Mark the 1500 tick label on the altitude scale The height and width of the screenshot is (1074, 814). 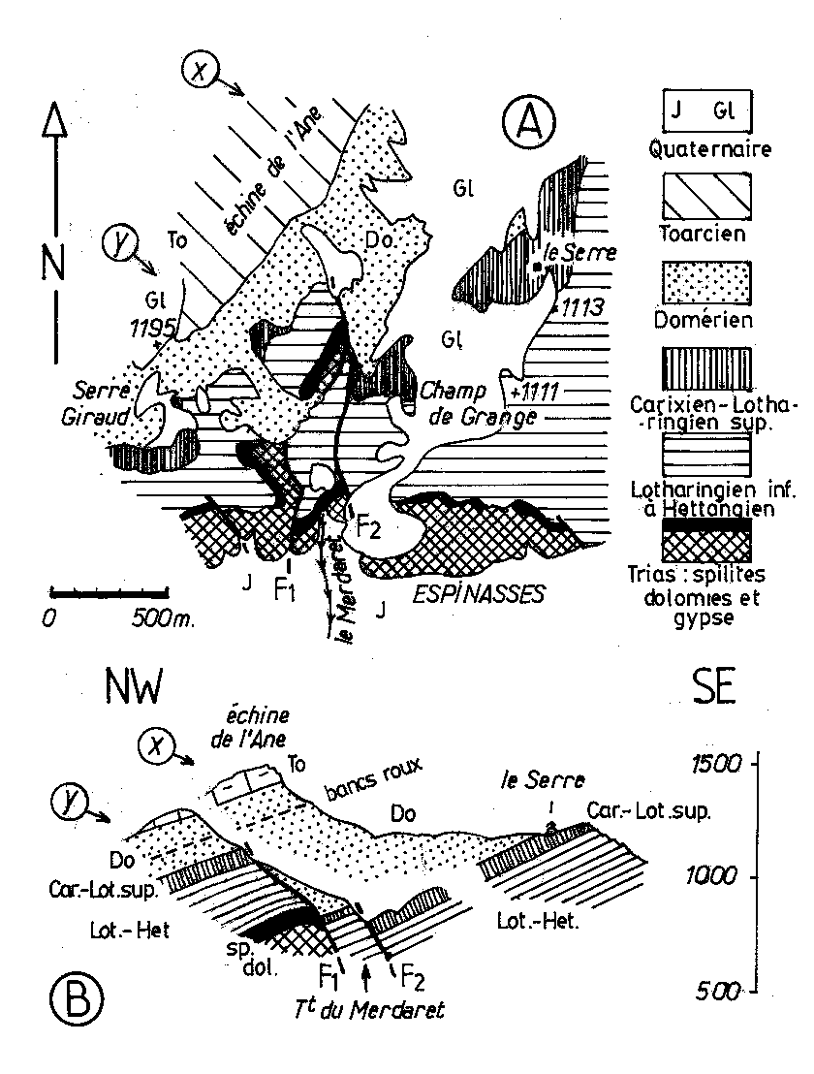(715, 763)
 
